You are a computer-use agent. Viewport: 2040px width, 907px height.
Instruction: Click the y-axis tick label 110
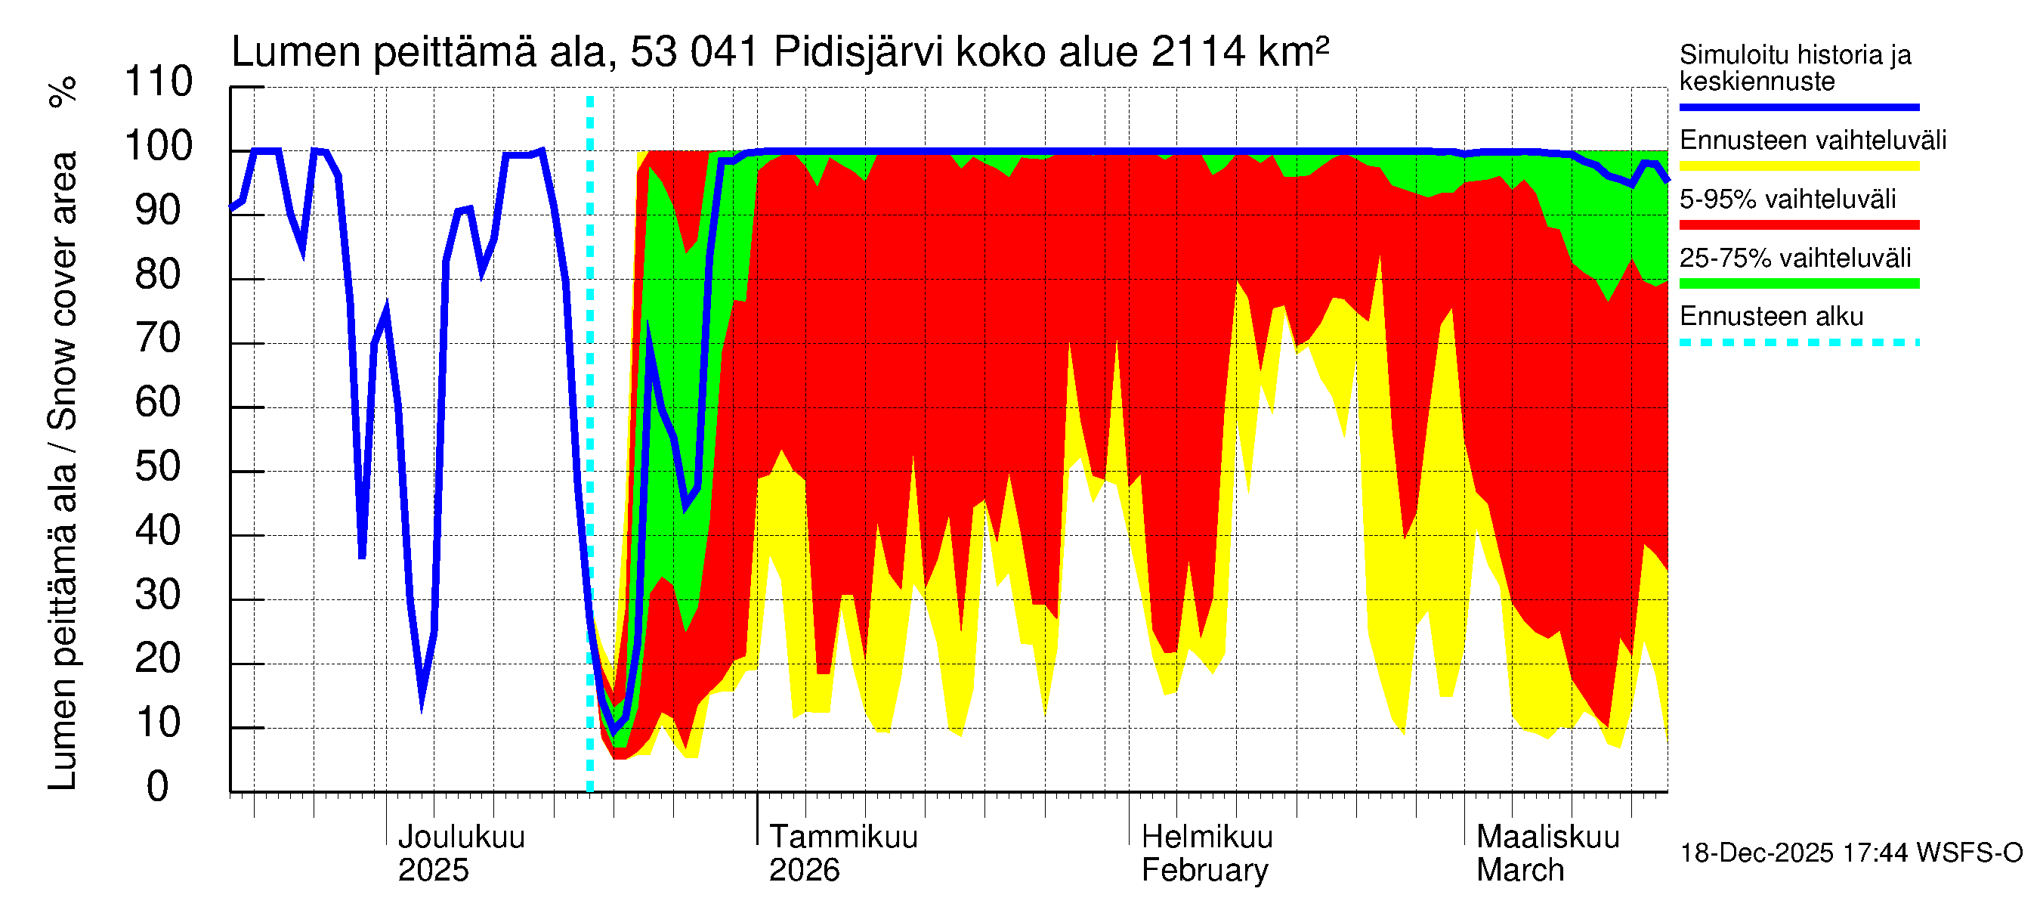[x=159, y=82]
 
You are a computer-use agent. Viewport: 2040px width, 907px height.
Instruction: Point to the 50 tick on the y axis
[x=159, y=467]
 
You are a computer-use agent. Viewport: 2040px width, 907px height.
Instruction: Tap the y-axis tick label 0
[x=158, y=788]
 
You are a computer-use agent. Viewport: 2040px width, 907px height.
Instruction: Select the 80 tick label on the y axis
[x=159, y=275]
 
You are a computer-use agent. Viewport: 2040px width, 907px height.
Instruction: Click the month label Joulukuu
[x=461, y=837]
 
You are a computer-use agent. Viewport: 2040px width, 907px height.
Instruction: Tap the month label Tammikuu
[x=843, y=837]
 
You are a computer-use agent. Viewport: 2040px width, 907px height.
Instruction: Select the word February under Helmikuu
[x=1204, y=871]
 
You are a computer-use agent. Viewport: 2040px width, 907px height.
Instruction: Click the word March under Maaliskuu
[x=1519, y=871]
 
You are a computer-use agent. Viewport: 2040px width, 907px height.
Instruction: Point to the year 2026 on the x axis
[x=804, y=871]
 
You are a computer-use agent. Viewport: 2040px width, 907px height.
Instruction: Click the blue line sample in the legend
[x=1798, y=107]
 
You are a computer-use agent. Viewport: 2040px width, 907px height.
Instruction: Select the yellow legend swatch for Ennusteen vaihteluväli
[x=1798, y=166]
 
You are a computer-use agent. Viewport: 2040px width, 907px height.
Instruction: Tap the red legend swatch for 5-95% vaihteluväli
[x=1798, y=225]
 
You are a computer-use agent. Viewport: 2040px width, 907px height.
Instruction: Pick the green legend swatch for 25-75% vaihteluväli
[x=1798, y=283]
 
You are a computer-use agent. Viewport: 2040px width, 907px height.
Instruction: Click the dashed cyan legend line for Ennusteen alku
[x=1798, y=343]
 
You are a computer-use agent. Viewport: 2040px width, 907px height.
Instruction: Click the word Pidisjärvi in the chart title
[x=858, y=52]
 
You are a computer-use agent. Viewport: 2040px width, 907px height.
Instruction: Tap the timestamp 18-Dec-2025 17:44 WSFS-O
[x=1850, y=853]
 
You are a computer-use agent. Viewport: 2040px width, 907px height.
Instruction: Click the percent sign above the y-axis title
[x=63, y=91]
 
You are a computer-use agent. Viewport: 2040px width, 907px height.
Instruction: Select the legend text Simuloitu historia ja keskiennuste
[x=1794, y=68]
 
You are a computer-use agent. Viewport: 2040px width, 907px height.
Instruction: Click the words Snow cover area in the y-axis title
[x=63, y=290]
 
